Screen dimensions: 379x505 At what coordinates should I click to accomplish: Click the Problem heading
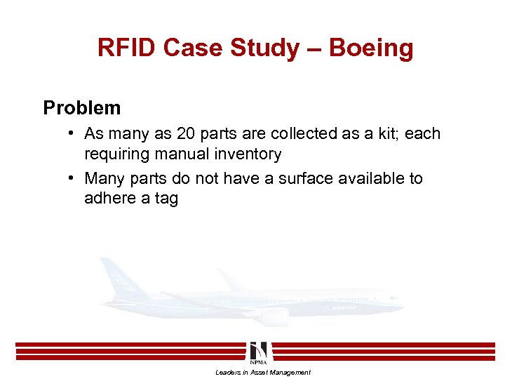[x=82, y=108]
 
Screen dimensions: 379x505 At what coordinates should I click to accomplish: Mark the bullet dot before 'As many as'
[x=73, y=133]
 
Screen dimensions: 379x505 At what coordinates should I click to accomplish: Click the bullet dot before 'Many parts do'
[x=73, y=178]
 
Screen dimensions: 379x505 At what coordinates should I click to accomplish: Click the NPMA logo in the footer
[x=257, y=350]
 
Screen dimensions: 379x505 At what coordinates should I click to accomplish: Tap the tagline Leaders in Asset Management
[x=263, y=372]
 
